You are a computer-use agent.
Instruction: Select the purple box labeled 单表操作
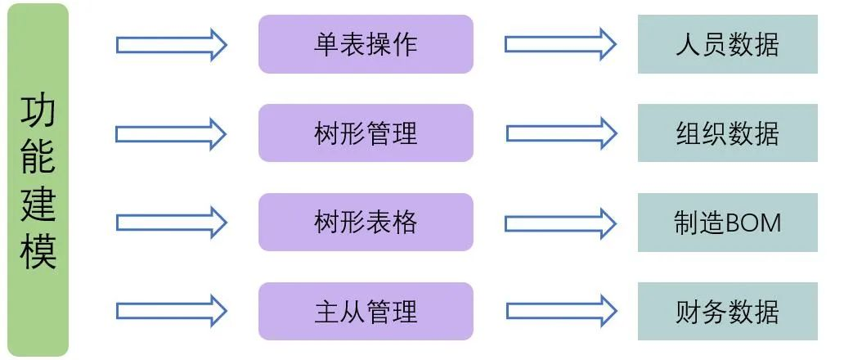[366, 44]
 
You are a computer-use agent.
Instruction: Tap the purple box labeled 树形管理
[366, 133]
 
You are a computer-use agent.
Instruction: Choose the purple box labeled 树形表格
[366, 222]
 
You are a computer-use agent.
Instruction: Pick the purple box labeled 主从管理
[366, 311]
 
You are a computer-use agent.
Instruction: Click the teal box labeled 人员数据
[727, 44]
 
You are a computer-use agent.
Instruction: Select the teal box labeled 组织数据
[727, 133]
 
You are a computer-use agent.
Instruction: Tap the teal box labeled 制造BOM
[727, 223]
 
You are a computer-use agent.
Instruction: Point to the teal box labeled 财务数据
[727, 312]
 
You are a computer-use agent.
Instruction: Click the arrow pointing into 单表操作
[171, 44]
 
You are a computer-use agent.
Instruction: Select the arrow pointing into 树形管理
[171, 133]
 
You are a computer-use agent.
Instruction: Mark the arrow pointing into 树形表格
[171, 223]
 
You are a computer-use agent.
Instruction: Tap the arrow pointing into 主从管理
[171, 312]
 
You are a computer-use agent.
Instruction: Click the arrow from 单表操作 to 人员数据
[560, 44]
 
